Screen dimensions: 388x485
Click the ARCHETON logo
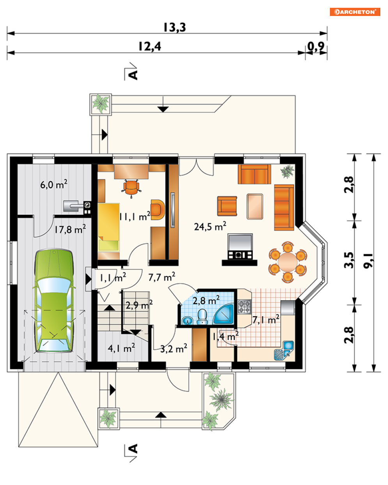coord(354,12)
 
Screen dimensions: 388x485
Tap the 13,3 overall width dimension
coord(174,28)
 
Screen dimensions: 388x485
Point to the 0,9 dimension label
coord(316,46)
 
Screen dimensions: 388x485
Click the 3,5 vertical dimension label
coord(349,260)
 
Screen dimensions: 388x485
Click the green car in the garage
coord(54,301)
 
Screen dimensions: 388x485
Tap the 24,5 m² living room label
coord(210,226)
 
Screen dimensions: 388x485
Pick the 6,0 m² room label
coord(54,184)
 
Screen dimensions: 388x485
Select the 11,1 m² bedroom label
coord(135,216)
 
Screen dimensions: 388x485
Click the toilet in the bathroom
coord(202,317)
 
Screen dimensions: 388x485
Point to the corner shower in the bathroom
coord(224,314)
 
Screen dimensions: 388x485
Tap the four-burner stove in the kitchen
coord(244,307)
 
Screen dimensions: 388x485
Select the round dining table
coord(287,262)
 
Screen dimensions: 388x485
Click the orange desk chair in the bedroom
coord(131,187)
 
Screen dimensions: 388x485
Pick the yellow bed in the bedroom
coord(109,227)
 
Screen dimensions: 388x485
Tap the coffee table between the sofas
coord(255,207)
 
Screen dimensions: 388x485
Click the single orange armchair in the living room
coord(227,206)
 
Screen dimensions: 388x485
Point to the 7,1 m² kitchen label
coord(266,320)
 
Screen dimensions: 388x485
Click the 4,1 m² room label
coord(121,348)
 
